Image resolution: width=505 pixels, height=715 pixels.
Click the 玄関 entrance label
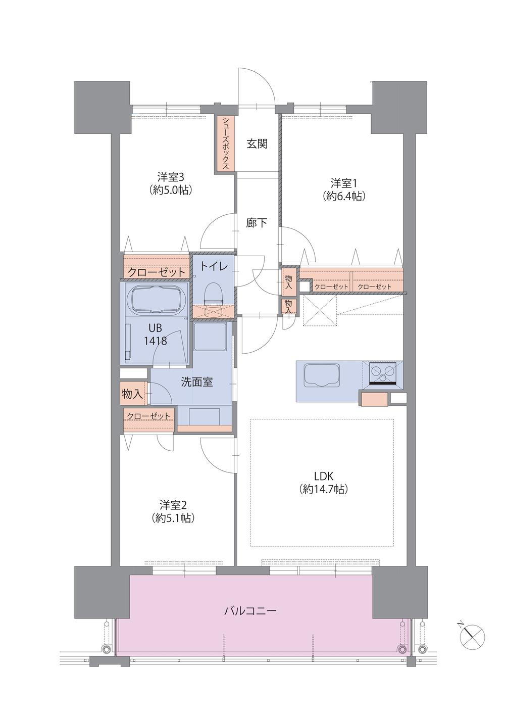coord(257,145)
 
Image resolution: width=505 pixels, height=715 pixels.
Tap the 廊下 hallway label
coord(257,223)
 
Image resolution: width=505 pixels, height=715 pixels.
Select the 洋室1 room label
coord(343,183)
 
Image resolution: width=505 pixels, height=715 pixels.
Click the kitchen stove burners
coord(382,372)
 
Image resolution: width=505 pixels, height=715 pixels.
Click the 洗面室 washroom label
coord(196,382)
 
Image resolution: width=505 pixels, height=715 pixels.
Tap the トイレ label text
coord(214,266)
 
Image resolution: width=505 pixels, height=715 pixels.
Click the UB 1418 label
coord(155,335)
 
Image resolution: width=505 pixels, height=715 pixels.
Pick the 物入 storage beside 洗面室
coord(133,394)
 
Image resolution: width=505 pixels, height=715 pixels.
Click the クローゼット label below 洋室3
coord(157,272)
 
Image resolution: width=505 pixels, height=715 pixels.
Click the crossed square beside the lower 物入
coord(320,311)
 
